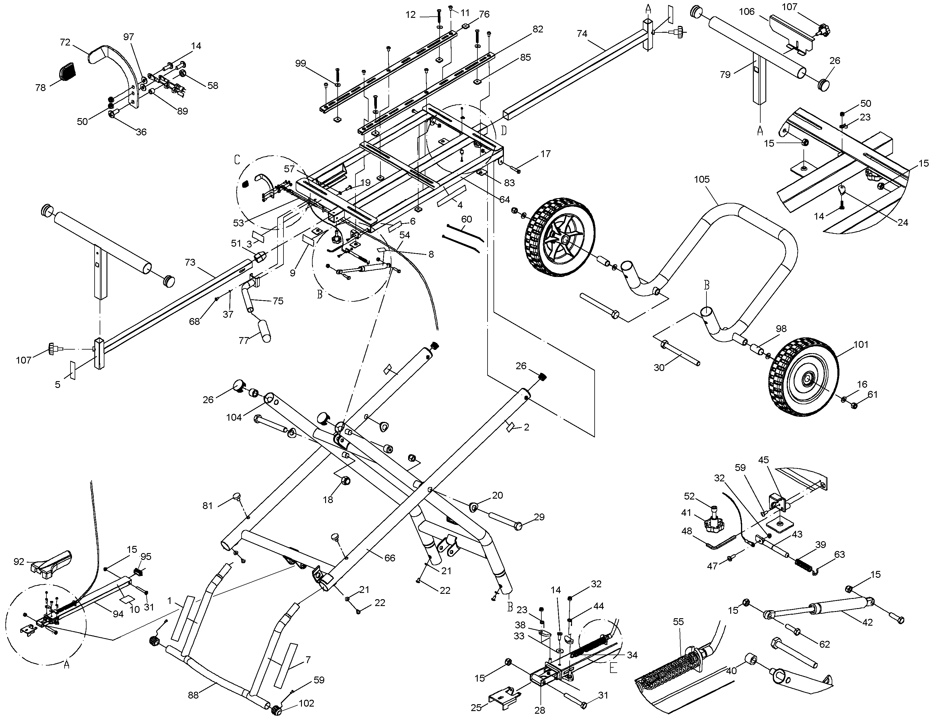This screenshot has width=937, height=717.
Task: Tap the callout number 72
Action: pos(65,42)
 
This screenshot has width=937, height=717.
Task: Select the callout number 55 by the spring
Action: pos(679,622)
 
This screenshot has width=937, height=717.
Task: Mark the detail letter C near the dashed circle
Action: pos(237,160)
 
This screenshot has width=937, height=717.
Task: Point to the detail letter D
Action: pos(504,130)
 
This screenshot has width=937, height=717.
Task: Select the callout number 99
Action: pos(301,64)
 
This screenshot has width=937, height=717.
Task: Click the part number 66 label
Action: pos(390,558)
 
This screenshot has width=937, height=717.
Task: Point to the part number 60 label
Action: pos(467,219)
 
